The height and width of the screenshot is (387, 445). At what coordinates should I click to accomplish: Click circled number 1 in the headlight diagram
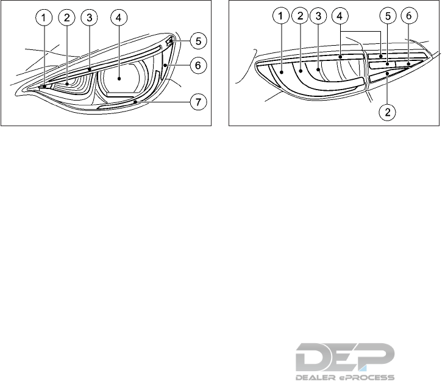(x=43, y=18)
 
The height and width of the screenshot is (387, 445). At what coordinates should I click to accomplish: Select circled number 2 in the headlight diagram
(x=66, y=18)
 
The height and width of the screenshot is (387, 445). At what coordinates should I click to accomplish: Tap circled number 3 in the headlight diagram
(x=89, y=18)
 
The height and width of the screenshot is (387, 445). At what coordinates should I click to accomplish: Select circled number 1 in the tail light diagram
(x=280, y=18)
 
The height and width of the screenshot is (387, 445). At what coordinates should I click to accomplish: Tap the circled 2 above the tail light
(x=300, y=18)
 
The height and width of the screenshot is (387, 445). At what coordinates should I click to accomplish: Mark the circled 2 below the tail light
(x=386, y=112)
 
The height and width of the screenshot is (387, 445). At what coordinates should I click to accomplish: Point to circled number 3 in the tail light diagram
(x=318, y=18)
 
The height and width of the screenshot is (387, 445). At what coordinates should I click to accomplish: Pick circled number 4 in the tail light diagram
(x=340, y=18)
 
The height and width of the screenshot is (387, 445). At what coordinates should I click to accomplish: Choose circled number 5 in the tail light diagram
(x=387, y=18)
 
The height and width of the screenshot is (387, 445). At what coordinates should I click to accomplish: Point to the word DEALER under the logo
(x=316, y=378)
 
